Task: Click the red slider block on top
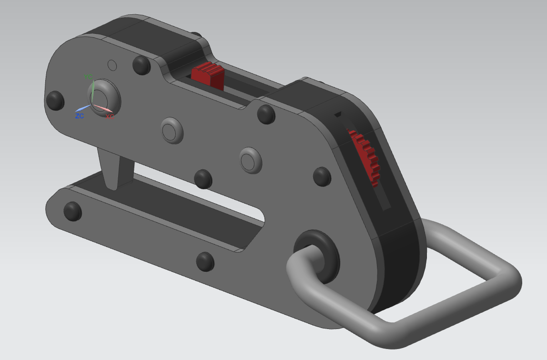pyautogui.click(x=208, y=75)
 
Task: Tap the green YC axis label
pyautogui.click(x=88, y=77)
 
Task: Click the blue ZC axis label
pyautogui.click(x=80, y=116)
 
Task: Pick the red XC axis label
pyautogui.click(x=110, y=116)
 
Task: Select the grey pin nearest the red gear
pyautogui.click(x=251, y=160)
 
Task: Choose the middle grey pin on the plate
pyautogui.click(x=172, y=130)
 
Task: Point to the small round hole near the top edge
pyautogui.click(x=112, y=64)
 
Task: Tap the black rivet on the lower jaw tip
pyautogui.click(x=72, y=210)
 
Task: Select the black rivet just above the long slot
pyautogui.click(x=203, y=178)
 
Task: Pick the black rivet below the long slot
pyautogui.click(x=205, y=261)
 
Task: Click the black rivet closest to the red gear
pyautogui.click(x=323, y=176)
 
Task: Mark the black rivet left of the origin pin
pyautogui.click(x=55, y=100)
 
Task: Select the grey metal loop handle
pyautogui.click(x=476, y=305)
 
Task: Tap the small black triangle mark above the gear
pyautogui.click(x=338, y=114)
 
